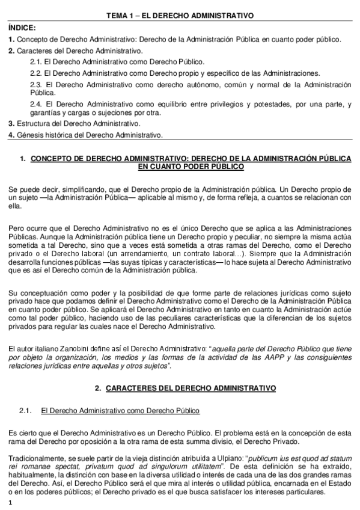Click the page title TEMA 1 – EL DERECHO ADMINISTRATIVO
point(180,14)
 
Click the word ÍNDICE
point(23,28)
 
